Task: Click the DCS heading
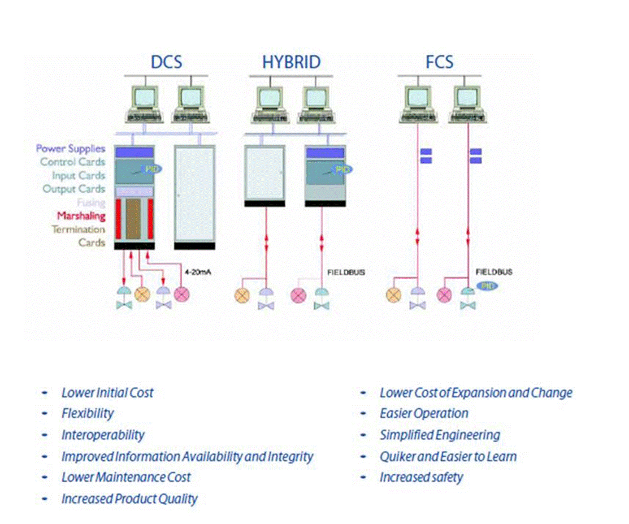click(166, 62)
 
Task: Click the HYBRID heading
click(291, 62)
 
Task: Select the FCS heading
click(439, 62)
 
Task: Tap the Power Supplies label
click(71, 149)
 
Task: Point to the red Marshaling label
click(81, 216)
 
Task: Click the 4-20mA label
click(198, 272)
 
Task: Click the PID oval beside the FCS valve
click(487, 285)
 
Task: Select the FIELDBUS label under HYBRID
click(346, 272)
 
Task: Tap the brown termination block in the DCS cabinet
click(133, 219)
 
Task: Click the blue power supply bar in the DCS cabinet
click(135, 153)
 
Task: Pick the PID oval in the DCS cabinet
click(151, 169)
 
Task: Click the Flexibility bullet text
click(88, 414)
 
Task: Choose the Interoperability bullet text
click(103, 435)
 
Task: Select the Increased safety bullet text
click(421, 478)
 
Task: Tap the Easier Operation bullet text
click(424, 413)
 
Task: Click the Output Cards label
click(74, 189)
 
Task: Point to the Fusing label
click(91, 202)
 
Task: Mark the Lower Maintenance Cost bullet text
click(126, 477)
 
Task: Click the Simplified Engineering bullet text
click(440, 435)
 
